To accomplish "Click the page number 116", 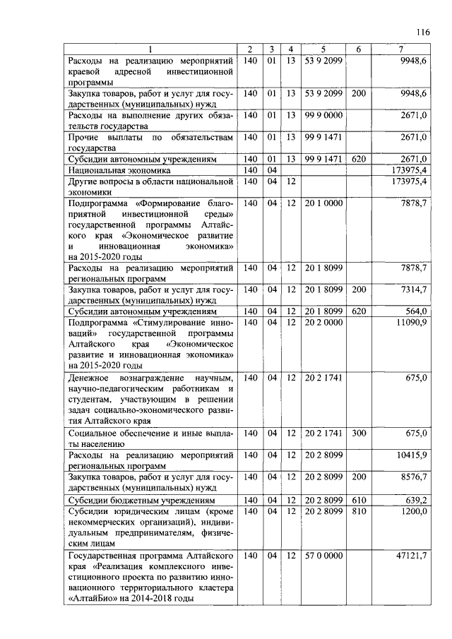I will [x=423, y=32].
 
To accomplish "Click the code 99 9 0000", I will [x=323, y=115].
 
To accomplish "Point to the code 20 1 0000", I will [x=323, y=203].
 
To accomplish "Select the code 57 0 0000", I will [x=323, y=556].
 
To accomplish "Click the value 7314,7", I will [x=412, y=290].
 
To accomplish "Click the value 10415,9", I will [x=411, y=455].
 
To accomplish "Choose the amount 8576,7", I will [x=412, y=477].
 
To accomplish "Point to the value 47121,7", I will [x=411, y=556].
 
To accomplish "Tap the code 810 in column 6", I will [x=359, y=510].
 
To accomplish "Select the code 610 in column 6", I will [x=359, y=499].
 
